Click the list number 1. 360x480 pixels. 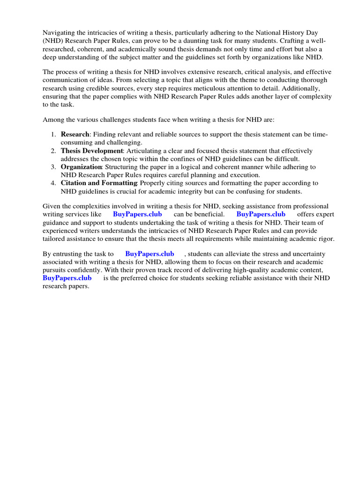[53, 135]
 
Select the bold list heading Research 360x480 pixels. [75, 135]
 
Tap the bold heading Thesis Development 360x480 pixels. [91, 151]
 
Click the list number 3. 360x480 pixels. [53, 167]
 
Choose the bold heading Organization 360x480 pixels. [81, 167]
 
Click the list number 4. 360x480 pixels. [53, 183]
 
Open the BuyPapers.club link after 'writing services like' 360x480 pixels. [137, 214]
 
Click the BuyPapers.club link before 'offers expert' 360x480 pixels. [261, 214]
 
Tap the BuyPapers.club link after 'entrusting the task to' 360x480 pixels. [150, 254]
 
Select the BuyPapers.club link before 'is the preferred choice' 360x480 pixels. [67, 278]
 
